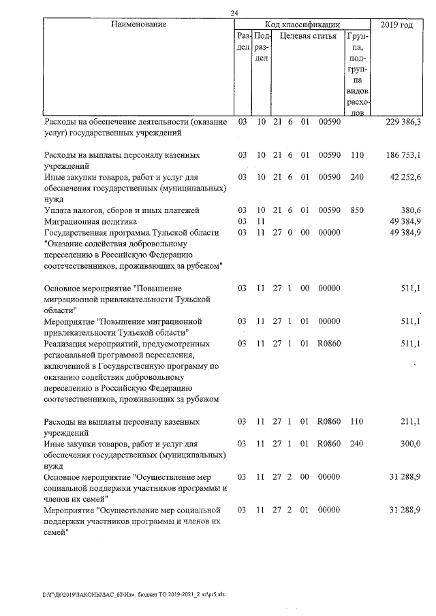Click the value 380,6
point(409,210)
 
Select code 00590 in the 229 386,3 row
point(329,122)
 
